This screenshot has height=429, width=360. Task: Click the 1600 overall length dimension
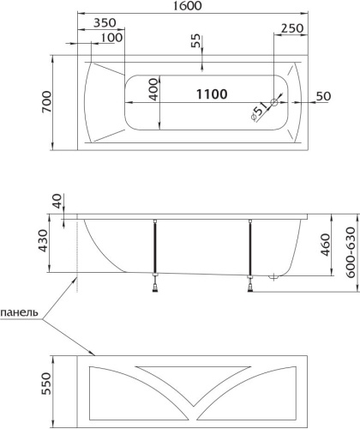pyautogui.click(x=188, y=6)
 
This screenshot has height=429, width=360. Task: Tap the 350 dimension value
pyautogui.click(x=105, y=22)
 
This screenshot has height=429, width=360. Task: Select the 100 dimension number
pyautogui.click(x=111, y=38)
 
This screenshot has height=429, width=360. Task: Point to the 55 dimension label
pyautogui.click(x=196, y=41)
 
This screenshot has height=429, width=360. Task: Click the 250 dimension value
pyautogui.click(x=292, y=28)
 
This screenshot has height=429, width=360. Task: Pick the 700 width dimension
pyautogui.click(x=47, y=102)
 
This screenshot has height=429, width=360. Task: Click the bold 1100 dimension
pyautogui.click(x=212, y=94)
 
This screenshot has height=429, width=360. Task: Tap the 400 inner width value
pyautogui.click(x=153, y=89)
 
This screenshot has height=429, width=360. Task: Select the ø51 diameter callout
pyautogui.click(x=259, y=112)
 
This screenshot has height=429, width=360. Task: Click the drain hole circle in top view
pyautogui.click(x=274, y=103)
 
